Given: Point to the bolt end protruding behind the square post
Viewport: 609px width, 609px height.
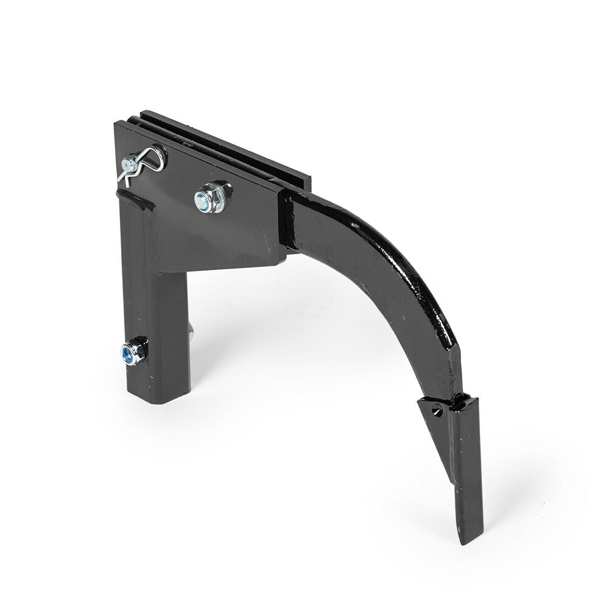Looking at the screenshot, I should [191, 332].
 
